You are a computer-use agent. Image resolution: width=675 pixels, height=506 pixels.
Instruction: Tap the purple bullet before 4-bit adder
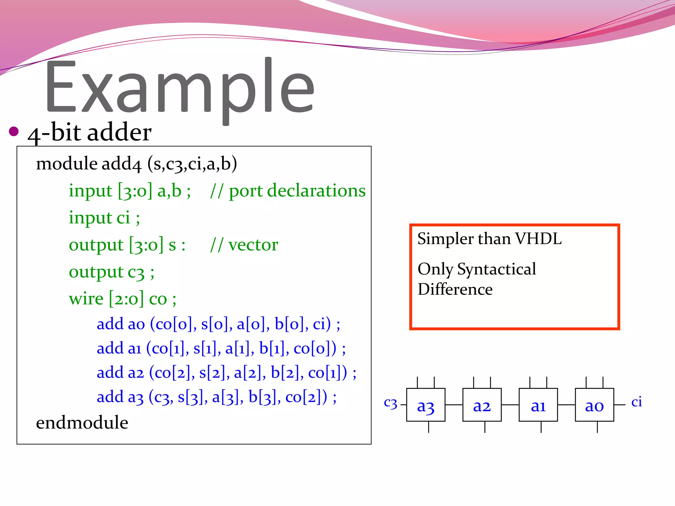tap(14, 131)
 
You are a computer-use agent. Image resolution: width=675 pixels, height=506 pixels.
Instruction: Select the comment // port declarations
tap(288, 191)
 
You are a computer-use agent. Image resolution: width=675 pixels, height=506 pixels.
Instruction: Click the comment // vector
tap(244, 245)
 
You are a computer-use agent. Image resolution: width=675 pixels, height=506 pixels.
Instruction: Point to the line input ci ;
tap(104, 218)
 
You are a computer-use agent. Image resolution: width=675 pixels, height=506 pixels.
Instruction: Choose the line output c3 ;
tap(111, 272)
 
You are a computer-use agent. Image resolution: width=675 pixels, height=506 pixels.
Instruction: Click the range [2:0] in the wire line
tap(126, 299)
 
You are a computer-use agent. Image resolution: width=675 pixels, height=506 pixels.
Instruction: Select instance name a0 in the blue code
tap(136, 324)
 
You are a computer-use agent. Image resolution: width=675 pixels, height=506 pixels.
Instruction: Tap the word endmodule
tap(82, 423)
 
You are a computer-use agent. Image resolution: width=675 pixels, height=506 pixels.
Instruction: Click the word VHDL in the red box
tap(538, 239)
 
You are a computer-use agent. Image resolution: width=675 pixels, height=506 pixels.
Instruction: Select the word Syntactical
tap(496, 269)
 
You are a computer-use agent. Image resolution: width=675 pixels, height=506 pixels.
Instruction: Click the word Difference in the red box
tap(455, 289)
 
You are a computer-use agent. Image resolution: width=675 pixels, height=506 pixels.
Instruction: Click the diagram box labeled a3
tap(426, 405)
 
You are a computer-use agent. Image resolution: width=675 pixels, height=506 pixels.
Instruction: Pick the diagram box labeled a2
tap(482, 405)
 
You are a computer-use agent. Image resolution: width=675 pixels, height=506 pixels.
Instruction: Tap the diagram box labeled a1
tap(538, 405)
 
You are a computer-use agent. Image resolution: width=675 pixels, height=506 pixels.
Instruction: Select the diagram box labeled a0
tap(594, 405)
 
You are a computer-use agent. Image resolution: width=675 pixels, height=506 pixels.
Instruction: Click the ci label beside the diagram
tap(636, 402)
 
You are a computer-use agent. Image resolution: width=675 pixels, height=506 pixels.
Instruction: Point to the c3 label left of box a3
tap(391, 403)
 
